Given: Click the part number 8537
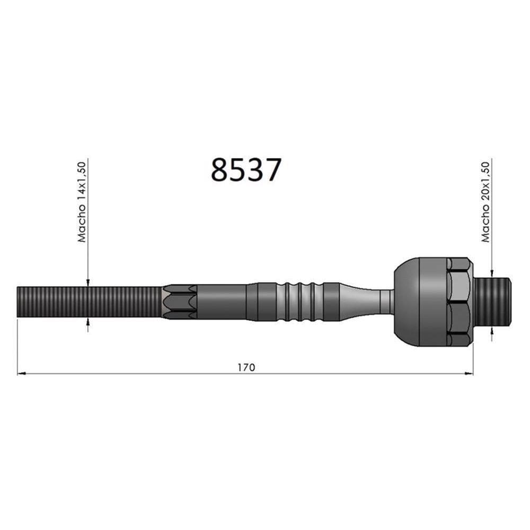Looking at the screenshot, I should click(x=245, y=170).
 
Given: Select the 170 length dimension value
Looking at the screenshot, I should click(x=245, y=367).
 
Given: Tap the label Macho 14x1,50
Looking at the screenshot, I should click(x=82, y=202).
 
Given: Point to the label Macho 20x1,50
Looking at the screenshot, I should click(x=485, y=202).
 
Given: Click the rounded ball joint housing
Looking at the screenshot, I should click(x=419, y=302).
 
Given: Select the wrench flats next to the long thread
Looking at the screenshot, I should click(x=179, y=302).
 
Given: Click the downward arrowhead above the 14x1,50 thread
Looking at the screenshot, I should click(x=87, y=283).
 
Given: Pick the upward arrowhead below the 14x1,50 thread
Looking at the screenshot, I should click(x=87, y=322).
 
